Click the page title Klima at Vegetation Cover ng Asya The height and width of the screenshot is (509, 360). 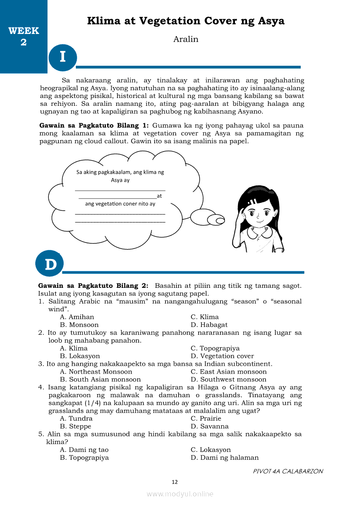pyautogui.click(x=186, y=21)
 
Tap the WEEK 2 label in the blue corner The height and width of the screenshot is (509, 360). pyautogui.click(x=24, y=37)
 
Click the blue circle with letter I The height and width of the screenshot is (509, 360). pyautogui.click(x=63, y=57)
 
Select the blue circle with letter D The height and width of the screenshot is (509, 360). pyautogui.click(x=50, y=264)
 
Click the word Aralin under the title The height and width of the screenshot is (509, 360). pyautogui.click(x=186, y=39)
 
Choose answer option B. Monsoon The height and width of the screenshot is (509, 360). pyautogui.click(x=79, y=325)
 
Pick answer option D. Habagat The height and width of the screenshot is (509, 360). pyautogui.click(x=209, y=325)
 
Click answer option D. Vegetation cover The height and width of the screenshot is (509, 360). pyautogui.click(x=222, y=356)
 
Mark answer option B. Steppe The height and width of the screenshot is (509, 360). pyautogui.click(x=76, y=426)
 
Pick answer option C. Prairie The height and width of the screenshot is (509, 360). pyautogui.click(x=206, y=418)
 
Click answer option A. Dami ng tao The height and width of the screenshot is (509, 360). pyautogui.click(x=84, y=450)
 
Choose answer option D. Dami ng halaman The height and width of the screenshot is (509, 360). pyautogui.click(x=225, y=458)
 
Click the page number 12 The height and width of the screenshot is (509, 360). pyautogui.click(x=175, y=482)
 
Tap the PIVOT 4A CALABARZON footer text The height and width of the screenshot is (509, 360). pyautogui.click(x=288, y=471)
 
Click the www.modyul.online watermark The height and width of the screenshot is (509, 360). pyautogui.click(x=180, y=494)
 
